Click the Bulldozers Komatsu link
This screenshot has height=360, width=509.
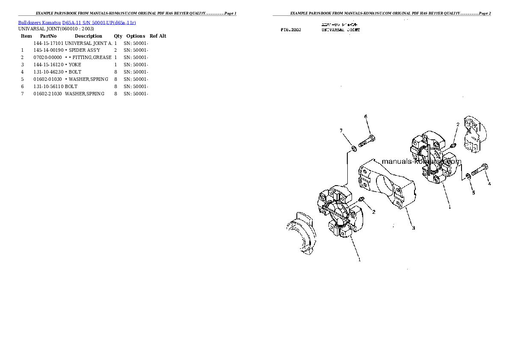[x=39, y=23]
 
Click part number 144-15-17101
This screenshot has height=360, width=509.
[x=48, y=43]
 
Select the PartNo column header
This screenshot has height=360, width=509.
[x=48, y=36]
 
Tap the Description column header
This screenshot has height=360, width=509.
[x=88, y=36]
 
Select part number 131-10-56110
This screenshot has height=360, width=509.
[x=48, y=86]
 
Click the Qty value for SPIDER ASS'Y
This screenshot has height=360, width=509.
[x=115, y=50]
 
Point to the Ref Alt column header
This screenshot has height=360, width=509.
[x=158, y=36]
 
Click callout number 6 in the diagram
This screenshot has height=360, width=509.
[x=366, y=117]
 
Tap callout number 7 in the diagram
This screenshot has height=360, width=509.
[x=341, y=130]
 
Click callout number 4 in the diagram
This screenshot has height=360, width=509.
[x=489, y=184]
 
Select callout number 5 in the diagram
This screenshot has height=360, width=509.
[x=473, y=193]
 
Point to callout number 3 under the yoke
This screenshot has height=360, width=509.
[x=413, y=228]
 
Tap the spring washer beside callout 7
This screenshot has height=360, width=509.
[x=354, y=149]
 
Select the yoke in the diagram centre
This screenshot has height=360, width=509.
[x=387, y=184]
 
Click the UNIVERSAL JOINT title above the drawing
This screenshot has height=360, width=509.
[x=340, y=30]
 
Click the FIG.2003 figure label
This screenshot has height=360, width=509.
[x=290, y=30]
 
